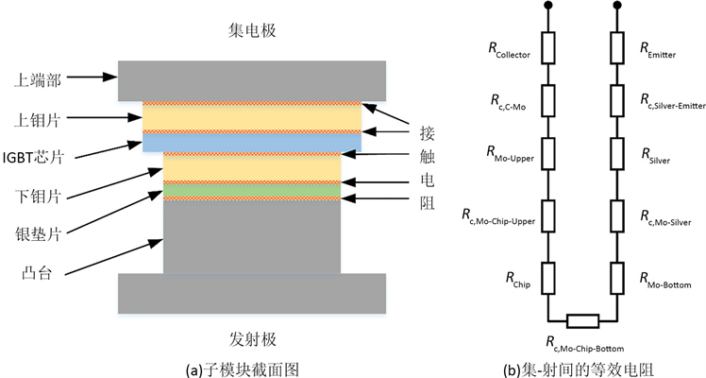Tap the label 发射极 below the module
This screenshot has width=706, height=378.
tap(252, 338)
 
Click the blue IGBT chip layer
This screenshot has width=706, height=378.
tap(252, 143)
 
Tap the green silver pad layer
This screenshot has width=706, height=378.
tap(252, 190)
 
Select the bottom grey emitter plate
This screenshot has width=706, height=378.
tap(252, 292)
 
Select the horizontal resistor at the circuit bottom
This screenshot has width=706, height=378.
tap(581, 319)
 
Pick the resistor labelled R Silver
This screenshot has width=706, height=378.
tap(617, 156)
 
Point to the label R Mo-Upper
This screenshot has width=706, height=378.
tap(509, 155)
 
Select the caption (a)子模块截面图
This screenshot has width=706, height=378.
tap(252, 367)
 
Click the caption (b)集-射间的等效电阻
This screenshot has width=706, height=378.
tap(581, 367)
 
